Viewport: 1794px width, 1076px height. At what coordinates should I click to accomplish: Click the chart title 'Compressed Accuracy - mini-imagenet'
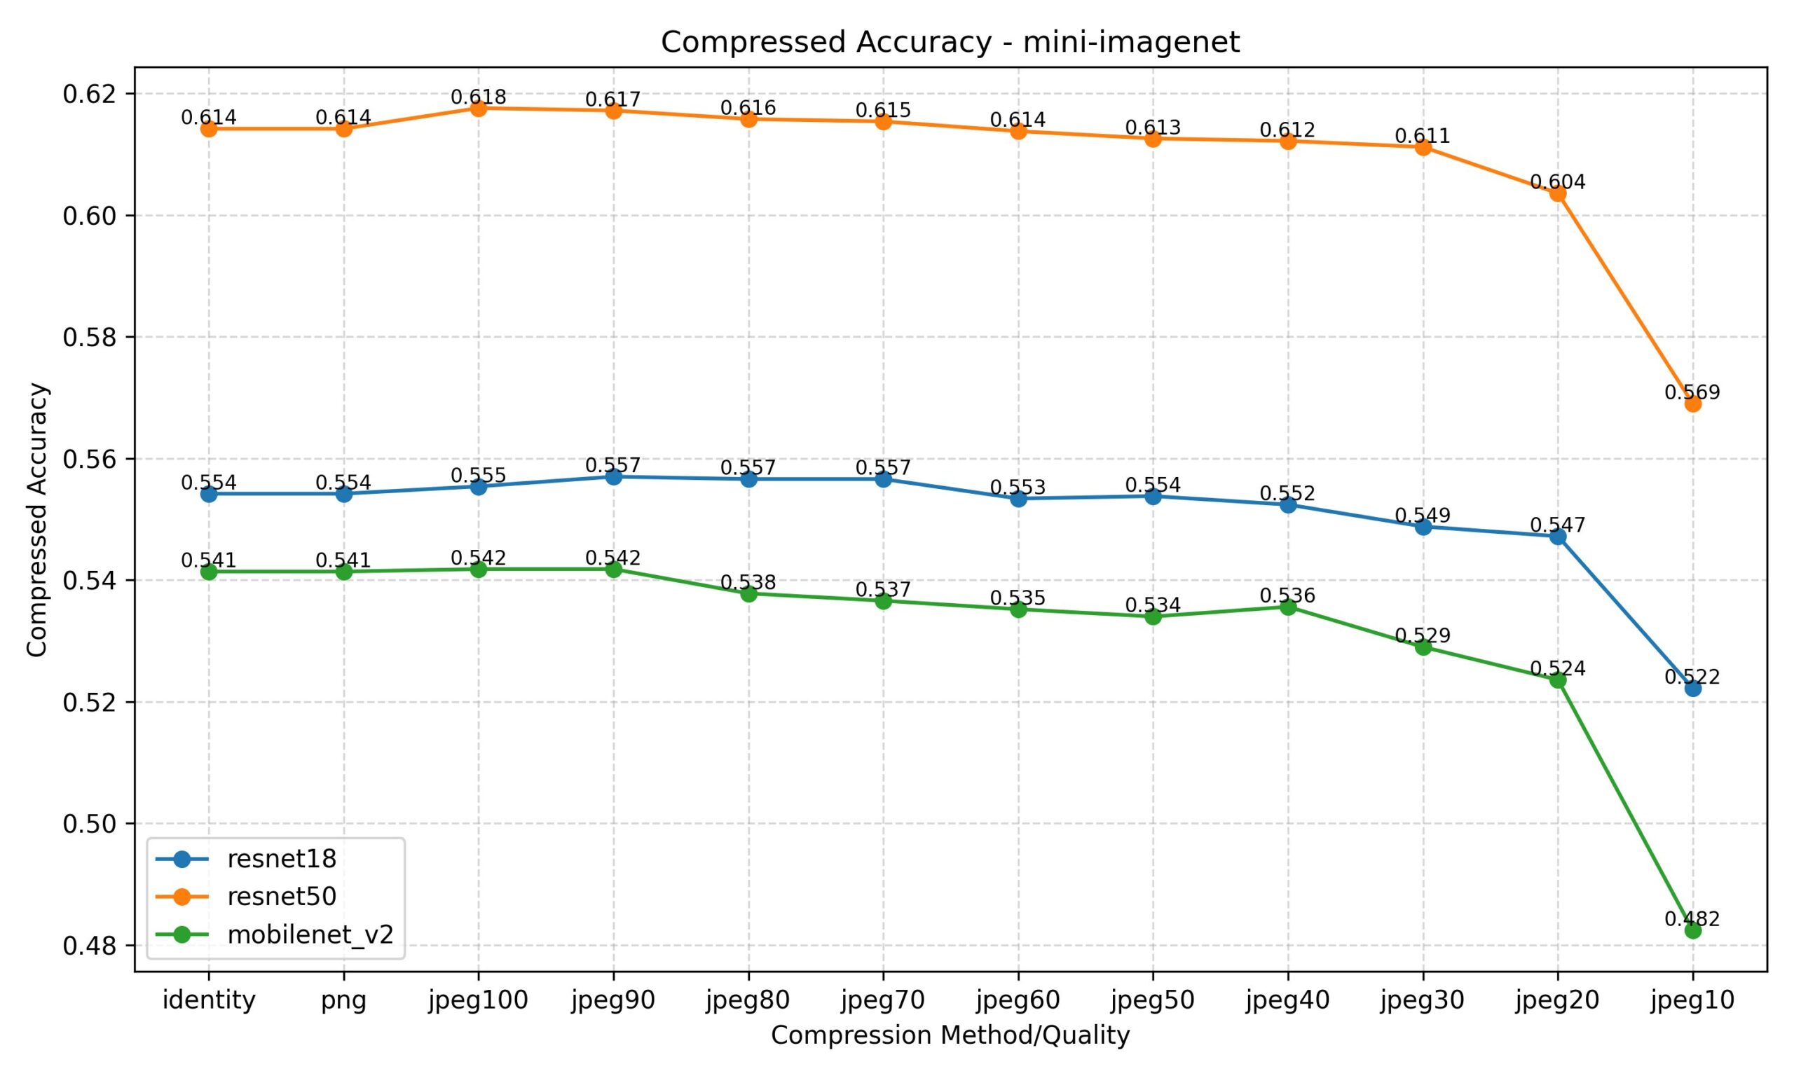point(950,42)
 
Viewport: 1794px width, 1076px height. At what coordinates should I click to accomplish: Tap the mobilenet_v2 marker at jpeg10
point(1692,930)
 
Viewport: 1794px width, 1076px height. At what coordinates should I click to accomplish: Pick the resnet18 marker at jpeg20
point(1558,537)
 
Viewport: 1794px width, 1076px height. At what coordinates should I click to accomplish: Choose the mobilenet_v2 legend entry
point(310,934)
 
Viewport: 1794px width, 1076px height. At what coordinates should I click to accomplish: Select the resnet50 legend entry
point(281,897)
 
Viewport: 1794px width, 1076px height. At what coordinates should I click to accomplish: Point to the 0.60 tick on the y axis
point(88,216)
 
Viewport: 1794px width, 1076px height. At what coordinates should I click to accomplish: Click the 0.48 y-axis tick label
point(88,946)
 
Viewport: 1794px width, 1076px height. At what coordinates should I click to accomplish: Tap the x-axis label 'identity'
point(209,1000)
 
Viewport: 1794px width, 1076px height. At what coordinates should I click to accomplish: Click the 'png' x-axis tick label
point(343,1000)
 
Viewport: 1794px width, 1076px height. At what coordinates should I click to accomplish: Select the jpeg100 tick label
point(479,1000)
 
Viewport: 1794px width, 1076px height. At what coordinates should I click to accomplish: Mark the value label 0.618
point(479,97)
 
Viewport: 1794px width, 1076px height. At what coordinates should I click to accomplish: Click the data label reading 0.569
point(1692,392)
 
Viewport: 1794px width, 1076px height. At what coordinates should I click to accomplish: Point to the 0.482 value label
point(1692,919)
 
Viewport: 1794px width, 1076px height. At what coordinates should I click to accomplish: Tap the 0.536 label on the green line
point(1287,596)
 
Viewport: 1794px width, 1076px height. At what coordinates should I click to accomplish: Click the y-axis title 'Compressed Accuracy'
point(37,519)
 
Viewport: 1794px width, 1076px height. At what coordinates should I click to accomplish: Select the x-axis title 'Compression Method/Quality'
point(950,1035)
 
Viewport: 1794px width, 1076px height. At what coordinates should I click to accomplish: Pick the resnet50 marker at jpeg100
point(479,108)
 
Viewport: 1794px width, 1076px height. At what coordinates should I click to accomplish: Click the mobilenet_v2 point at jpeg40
point(1288,607)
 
